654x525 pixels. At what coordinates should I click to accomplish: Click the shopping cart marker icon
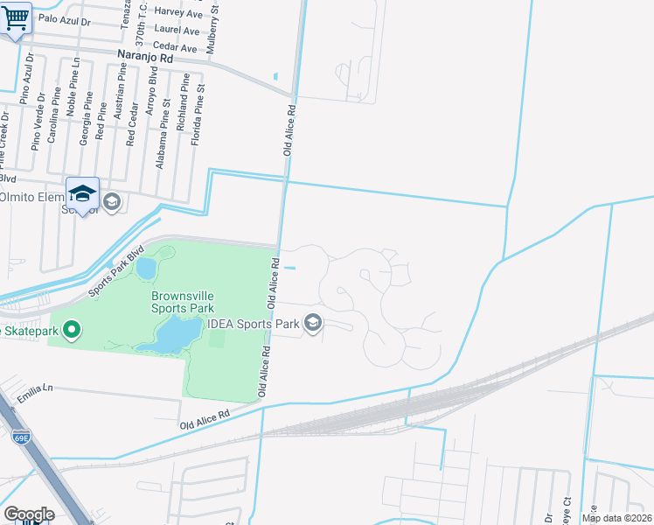tap(16, 18)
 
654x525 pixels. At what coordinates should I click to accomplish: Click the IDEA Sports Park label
tap(254, 323)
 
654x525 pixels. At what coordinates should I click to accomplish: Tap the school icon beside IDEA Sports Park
tap(313, 324)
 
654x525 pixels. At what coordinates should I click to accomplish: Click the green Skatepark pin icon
tap(73, 330)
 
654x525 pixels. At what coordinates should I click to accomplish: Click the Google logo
tap(29, 514)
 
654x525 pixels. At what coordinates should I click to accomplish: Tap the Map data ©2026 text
tap(616, 518)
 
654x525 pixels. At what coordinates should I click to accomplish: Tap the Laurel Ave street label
tap(176, 30)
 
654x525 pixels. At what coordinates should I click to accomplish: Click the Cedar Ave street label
tap(174, 46)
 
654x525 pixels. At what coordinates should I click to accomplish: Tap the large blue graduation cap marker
tap(83, 194)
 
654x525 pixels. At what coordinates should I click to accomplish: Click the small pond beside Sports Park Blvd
tap(146, 266)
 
